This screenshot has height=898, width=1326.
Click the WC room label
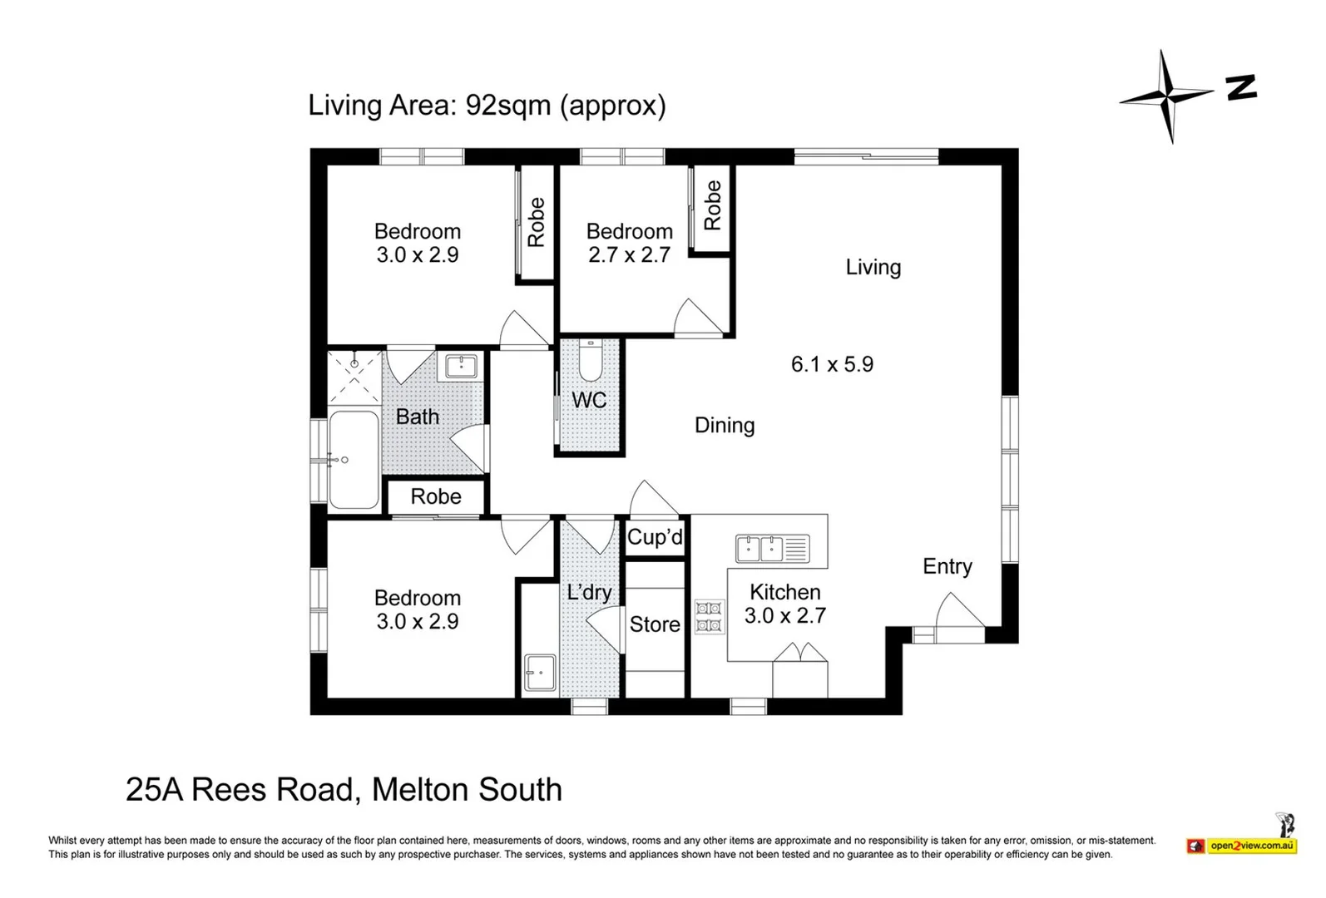[x=589, y=401]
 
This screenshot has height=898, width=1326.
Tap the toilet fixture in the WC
[x=590, y=360]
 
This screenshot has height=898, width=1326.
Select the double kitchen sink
[x=773, y=549]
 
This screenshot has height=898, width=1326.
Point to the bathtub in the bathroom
[x=354, y=460]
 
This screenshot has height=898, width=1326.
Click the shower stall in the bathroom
[x=354, y=377]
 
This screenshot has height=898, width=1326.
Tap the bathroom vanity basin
[x=461, y=367]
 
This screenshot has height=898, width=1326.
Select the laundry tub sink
[x=540, y=673]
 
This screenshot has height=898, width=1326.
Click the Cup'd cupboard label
[x=655, y=537]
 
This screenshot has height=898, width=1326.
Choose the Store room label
[x=655, y=624]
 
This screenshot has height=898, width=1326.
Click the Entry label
[x=947, y=567]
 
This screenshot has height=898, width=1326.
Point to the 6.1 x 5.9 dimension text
[x=832, y=364]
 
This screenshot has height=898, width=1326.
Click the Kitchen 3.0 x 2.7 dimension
[x=785, y=616]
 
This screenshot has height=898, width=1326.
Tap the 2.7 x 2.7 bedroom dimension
[x=629, y=255]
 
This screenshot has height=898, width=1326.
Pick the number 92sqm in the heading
[x=508, y=106]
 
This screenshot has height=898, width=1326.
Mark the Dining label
[x=725, y=426]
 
